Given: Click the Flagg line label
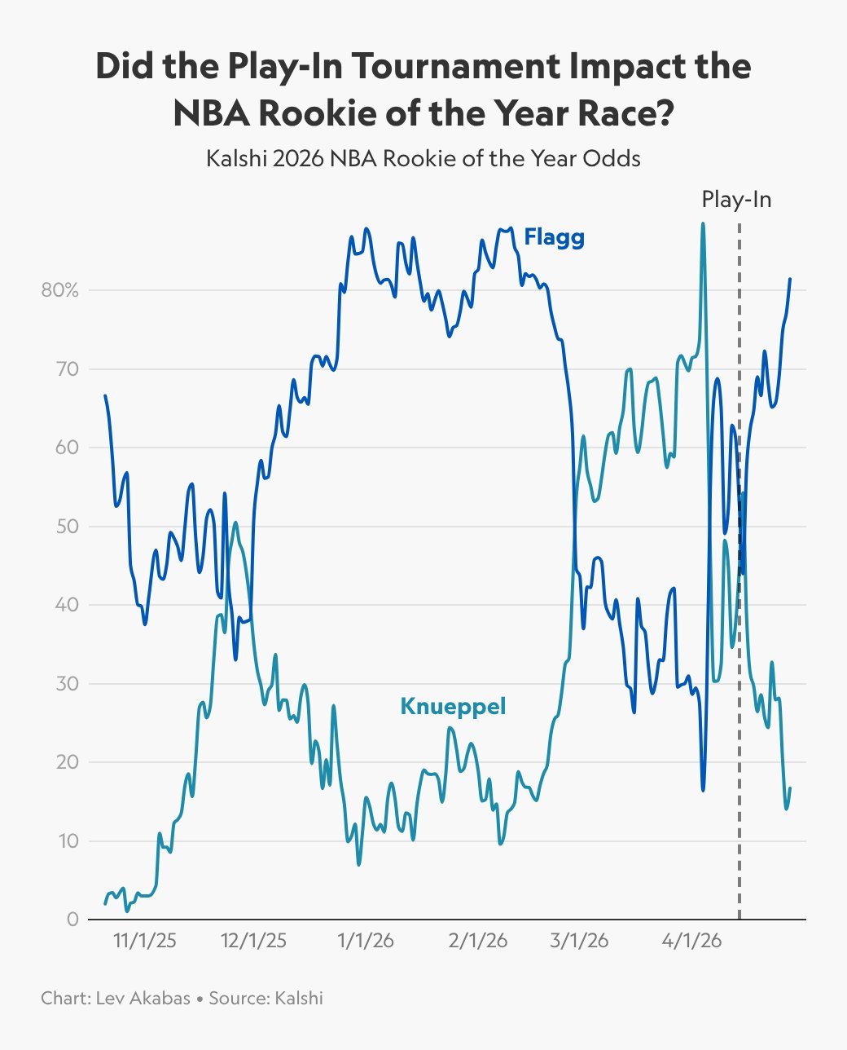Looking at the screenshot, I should tap(554, 237).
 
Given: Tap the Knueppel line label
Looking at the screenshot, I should tap(453, 706).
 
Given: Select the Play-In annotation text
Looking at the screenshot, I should tap(736, 200).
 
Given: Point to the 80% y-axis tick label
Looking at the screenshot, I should tap(60, 290).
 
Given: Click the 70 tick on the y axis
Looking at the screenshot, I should tap(68, 369).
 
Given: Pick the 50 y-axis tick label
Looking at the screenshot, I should tap(68, 527).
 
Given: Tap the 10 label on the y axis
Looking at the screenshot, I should tap(68, 841).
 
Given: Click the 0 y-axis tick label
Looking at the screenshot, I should tap(73, 920).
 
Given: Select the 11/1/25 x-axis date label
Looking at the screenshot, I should tap(144, 941).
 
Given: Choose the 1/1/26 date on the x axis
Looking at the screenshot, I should tap(366, 941).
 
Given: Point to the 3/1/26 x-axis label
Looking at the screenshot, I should tap(579, 941).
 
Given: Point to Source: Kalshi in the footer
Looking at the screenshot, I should tap(266, 998).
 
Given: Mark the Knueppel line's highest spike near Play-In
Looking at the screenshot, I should tap(703, 224).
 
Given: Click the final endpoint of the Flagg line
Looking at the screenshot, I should tap(790, 280).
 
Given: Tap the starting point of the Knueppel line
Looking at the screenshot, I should tap(105, 903).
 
